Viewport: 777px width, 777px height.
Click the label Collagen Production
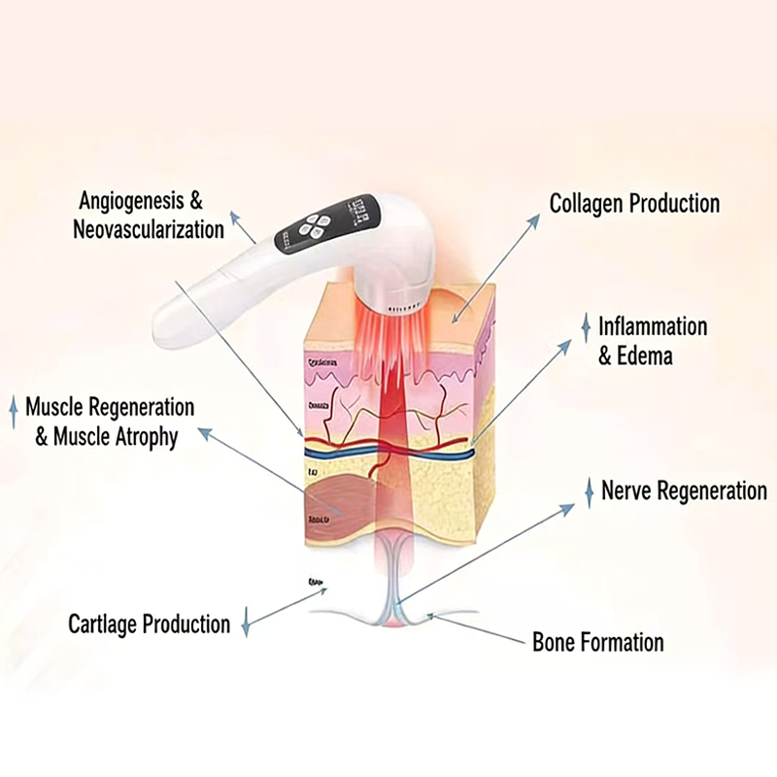[x=634, y=204]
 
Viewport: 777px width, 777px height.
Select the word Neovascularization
[x=149, y=230]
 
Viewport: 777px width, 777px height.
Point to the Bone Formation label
[x=597, y=642]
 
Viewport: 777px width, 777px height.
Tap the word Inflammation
[x=653, y=326]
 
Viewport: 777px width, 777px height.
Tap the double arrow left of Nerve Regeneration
[x=588, y=491]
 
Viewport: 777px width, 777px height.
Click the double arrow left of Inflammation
[x=585, y=327]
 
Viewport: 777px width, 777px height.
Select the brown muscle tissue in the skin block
[x=336, y=499]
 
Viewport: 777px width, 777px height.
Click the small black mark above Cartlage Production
[x=316, y=582]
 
